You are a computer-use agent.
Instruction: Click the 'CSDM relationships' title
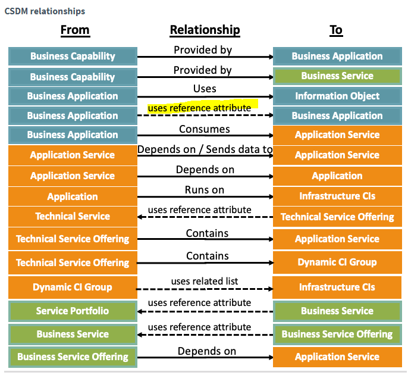[x=45, y=11]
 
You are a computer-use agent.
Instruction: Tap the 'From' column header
[x=75, y=30]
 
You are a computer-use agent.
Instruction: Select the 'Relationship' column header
[x=205, y=30]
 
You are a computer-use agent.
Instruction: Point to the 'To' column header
[x=336, y=30]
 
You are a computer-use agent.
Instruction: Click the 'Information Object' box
[x=337, y=96]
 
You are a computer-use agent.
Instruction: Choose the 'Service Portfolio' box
[x=73, y=311]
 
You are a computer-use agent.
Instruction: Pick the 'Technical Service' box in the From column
[x=73, y=217]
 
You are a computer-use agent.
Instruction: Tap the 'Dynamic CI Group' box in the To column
[x=337, y=262]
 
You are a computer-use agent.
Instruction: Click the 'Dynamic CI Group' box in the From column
[x=73, y=287]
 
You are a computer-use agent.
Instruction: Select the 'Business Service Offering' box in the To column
[x=337, y=334]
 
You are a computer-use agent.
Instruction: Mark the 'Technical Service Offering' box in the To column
[x=337, y=217]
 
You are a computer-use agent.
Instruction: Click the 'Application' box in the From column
[x=73, y=196]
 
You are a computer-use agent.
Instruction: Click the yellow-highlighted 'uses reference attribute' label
[x=199, y=108]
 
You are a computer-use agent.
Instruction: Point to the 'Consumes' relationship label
[x=205, y=129]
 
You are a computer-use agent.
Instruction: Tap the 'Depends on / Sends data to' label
[x=205, y=149]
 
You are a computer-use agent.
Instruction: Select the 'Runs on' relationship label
[x=205, y=190]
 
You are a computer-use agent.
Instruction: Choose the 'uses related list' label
[x=205, y=281]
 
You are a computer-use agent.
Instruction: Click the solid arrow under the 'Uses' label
[x=205, y=96]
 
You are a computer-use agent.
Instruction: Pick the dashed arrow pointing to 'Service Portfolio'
[x=205, y=311]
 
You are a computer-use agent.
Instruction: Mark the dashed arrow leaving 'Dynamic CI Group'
[x=205, y=289]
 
